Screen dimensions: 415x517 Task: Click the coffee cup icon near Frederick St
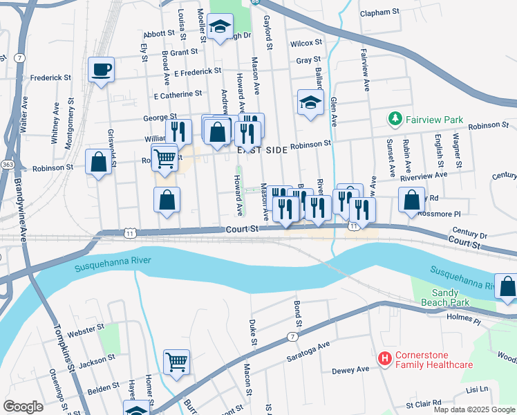pos(101,69)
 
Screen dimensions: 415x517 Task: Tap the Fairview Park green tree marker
pos(395,120)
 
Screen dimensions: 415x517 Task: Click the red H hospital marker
pos(384,358)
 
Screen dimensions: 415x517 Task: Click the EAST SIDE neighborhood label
pos(262,149)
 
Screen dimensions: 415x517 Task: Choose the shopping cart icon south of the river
pos(176,361)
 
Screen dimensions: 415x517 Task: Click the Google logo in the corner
pos(23,407)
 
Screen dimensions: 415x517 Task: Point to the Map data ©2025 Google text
pos(473,409)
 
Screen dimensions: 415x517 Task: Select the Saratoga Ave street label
pos(309,353)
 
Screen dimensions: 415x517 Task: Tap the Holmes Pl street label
pos(463,318)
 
